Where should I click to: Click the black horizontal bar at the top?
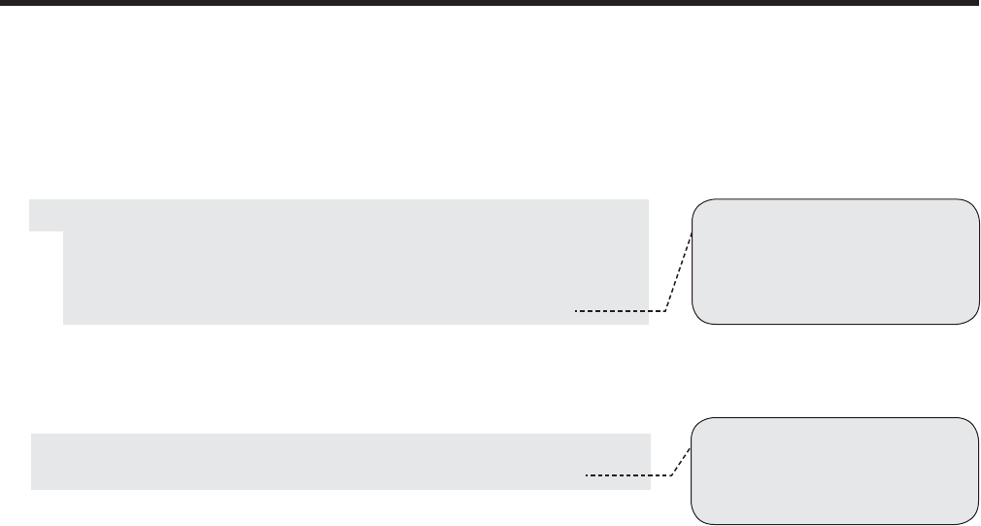(490, 4)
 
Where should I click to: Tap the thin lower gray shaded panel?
(340, 461)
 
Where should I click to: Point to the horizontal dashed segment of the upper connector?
(621, 311)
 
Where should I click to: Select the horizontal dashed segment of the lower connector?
(630, 475)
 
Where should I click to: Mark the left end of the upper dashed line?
(576, 311)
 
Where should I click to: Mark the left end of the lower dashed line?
(588, 475)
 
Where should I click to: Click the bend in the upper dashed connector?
(667, 311)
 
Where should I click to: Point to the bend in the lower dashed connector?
(674, 475)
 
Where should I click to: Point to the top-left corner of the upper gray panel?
(30, 200)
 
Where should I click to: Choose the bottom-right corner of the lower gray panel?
(649, 488)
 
